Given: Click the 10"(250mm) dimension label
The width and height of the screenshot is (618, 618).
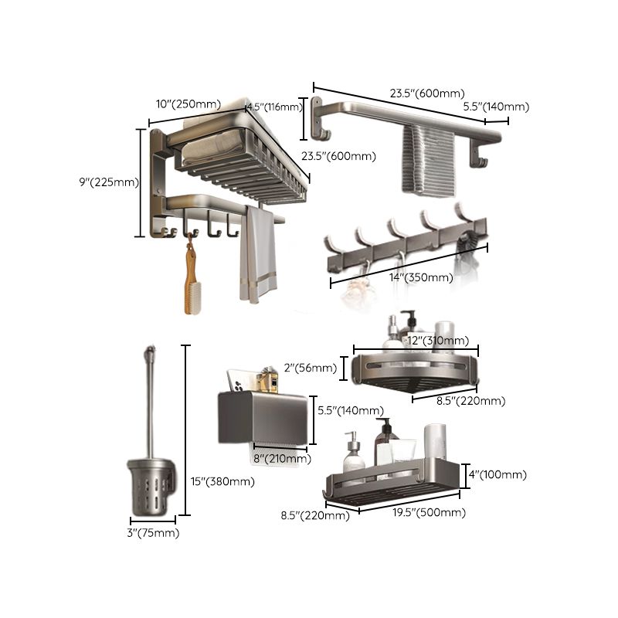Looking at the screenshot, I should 188,104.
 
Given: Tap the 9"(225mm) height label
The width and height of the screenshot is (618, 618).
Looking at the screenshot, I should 107,183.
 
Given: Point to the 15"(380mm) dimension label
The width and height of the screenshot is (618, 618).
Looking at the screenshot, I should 222,481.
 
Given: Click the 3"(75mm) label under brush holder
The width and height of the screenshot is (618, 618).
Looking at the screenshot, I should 151,533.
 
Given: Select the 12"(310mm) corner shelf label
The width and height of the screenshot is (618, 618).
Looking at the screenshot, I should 437,341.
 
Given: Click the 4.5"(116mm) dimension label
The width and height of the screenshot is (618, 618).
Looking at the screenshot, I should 274,107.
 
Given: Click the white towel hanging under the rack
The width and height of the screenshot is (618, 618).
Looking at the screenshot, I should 256,255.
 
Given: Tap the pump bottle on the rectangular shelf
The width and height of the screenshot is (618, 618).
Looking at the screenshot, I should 354,454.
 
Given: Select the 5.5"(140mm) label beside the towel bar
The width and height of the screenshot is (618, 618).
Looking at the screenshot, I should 496,107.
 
